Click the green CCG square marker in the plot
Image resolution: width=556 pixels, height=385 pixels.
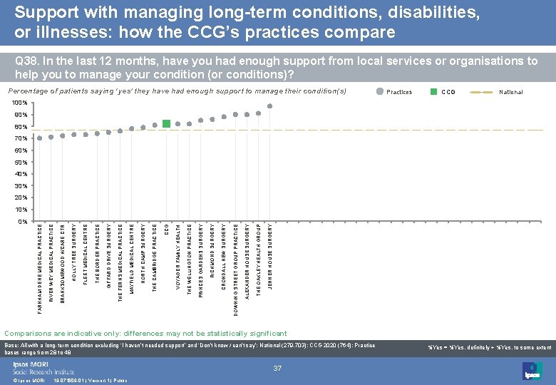point(166,123)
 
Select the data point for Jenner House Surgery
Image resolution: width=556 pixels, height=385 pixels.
point(269,106)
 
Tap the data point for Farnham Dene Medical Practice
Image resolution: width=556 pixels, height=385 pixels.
point(40,138)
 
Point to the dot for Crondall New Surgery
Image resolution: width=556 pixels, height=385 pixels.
point(224,117)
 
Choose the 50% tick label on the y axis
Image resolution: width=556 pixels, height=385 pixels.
point(21,163)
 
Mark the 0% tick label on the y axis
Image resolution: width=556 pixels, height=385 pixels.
point(22,222)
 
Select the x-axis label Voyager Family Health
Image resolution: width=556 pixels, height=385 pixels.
point(177,257)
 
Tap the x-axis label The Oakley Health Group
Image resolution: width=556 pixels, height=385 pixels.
point(258,259)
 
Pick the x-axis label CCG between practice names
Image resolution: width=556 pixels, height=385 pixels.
point(166,230)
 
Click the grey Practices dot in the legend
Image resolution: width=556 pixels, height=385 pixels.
point(380,92)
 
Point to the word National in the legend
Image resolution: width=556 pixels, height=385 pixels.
point(511,92)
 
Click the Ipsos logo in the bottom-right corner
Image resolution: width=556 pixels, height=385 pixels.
point(532,371)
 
